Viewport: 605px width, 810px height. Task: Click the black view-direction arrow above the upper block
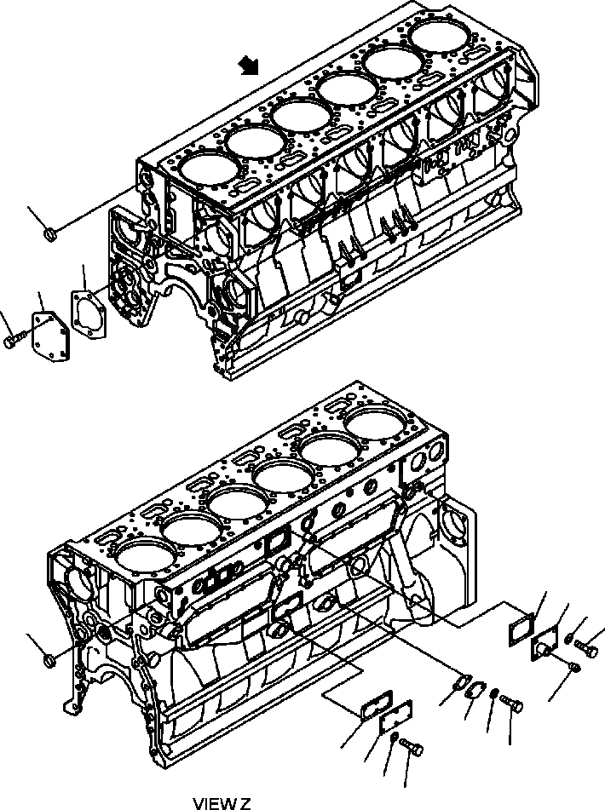point(250,66)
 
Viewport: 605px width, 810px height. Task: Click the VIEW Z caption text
point(222,802)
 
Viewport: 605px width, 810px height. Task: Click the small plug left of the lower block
point(49,658)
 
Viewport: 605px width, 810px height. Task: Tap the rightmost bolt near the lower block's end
point(586,651)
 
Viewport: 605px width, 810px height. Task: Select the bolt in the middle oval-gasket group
point(512,704)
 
